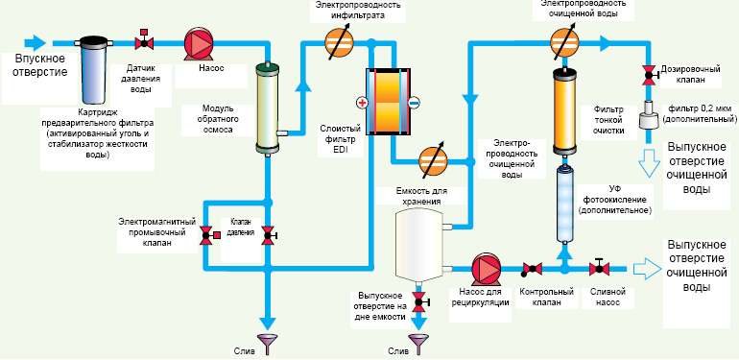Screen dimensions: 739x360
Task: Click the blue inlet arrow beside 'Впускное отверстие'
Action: pyautogui.click(x=35, y=43)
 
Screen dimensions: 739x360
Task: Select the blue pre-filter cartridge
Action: pyautogui.click(x=92, y=70)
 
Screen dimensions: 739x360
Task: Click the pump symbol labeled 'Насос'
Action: pyautogui.click(x=199, y=43)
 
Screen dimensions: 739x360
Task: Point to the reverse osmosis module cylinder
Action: pyautogui.click(x=268, y=108)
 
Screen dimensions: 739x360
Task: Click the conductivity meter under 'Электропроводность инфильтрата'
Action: pyautogui.click(x=339, y=43)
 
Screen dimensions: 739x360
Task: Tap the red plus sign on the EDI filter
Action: pyautogui.click(x=362, y=103)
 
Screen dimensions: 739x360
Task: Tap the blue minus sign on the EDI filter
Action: pyautogui.click(x=415, y=103)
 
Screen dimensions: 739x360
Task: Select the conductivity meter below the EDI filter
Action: pyautogui.click(x=433, y=161)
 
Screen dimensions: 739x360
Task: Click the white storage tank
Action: pyautogui.click(x=418, y=245)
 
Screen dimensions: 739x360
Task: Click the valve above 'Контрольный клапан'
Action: pyautogui.click(x=532, y=269)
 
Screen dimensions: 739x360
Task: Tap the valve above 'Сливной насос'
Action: pyautogui.click(x=599, y=268)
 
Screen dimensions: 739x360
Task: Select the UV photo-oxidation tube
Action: pyautogui.click(x=564, y=204)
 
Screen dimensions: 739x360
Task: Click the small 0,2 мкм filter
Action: pyautogui.click(x=649, y=114)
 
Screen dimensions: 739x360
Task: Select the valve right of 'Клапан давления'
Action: pyautogui.click(x=269, y=235)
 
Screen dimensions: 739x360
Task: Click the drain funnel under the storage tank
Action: pyautogui.click(x=417, y=344)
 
